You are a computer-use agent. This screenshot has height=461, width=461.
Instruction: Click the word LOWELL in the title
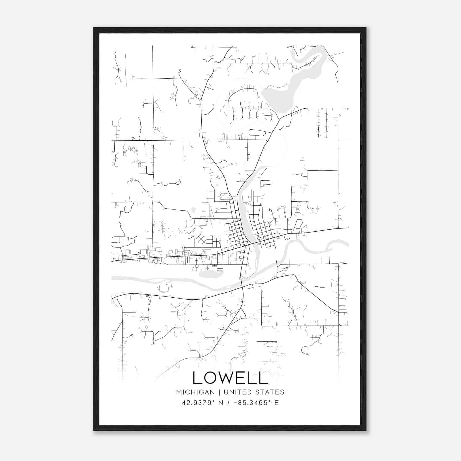pos(230,378)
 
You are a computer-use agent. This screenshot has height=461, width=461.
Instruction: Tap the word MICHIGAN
pos(195,392)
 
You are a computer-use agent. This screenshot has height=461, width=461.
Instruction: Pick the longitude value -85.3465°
pos(250,403)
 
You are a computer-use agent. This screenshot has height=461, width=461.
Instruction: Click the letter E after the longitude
pos(277,403)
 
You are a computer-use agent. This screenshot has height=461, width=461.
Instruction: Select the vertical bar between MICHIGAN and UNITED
pos(219,392)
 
